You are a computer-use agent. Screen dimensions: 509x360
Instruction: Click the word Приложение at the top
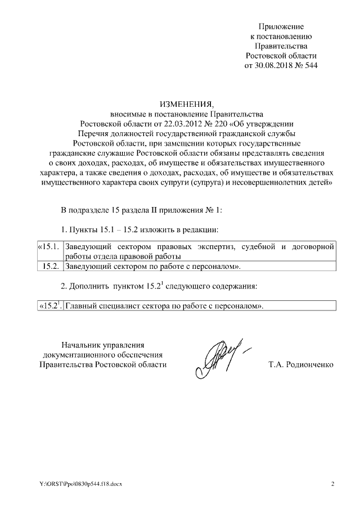(281, 26)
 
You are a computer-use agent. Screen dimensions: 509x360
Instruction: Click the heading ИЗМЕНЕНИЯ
(187, 104)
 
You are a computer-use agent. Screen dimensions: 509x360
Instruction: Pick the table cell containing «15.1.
(48, 246)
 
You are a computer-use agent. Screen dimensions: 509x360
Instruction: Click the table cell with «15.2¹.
(48, 306)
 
